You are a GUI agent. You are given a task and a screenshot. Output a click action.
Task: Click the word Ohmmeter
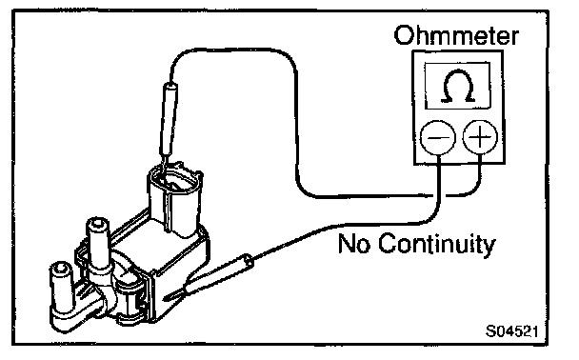point(456,35)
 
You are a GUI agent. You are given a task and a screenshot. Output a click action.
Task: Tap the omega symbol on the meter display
point(458,86)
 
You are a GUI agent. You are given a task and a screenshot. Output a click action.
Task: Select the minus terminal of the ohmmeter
point(438,137)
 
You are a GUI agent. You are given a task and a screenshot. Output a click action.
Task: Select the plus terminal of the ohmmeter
point(480,137)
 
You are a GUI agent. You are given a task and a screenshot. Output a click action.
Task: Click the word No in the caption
point(354,243)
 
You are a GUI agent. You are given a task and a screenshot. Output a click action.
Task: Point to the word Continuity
point(437,245)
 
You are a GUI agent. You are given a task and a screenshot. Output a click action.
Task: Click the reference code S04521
point(511,330)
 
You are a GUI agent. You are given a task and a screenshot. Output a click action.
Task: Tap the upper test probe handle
point(168,118)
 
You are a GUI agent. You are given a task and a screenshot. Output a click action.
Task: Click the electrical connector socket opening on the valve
point(174,181)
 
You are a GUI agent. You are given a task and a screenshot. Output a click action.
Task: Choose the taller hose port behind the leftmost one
point(97,244)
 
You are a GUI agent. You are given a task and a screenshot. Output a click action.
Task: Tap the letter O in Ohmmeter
point(404,35)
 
